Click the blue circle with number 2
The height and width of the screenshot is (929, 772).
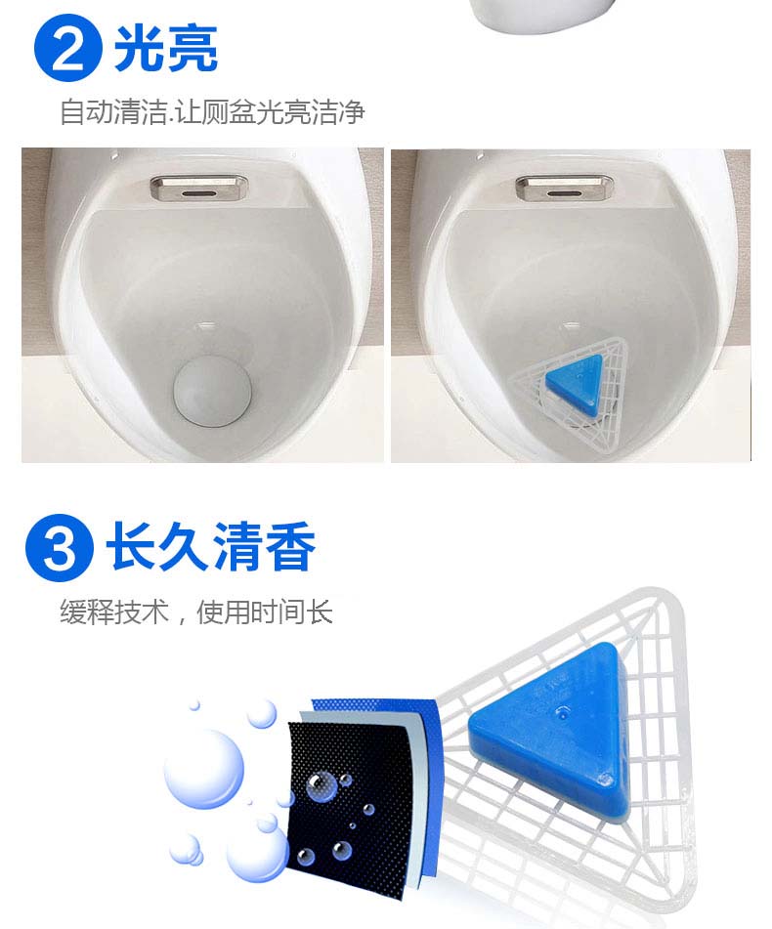click(x=68, y=48)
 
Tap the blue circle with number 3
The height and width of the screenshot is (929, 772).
click(x=60, y=548)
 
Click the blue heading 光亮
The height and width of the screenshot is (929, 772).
click(x=166, y=49)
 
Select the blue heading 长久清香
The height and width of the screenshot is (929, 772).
click(x=211, y=546)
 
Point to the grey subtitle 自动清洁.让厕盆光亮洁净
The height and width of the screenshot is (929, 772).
click(x=213, y=112)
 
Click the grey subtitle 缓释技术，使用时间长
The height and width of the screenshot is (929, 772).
click(x=196, y=612)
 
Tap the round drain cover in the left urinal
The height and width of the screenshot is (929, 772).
click(x=213, y=391)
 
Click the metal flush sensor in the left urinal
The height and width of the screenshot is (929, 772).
click(x=196, y=188)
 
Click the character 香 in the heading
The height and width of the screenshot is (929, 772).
click(x=290, y=546)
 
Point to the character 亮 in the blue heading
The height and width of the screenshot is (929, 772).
click(x=193, y=49)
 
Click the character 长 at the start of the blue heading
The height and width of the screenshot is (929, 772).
click(x=131, y=546)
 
